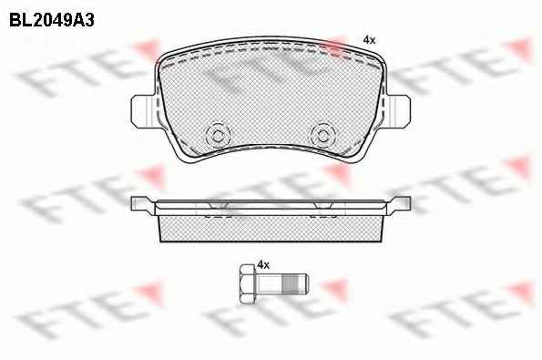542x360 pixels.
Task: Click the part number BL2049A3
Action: (52, 20)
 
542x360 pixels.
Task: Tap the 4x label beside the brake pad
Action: (369, 40)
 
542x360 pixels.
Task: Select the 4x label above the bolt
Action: (263, 265)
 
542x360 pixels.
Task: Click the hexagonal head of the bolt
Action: (248, 284)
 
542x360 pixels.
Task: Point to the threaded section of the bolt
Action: (290, 284)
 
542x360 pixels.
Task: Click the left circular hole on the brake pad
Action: (218, 135)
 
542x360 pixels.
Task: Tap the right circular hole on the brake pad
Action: (322, 135)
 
